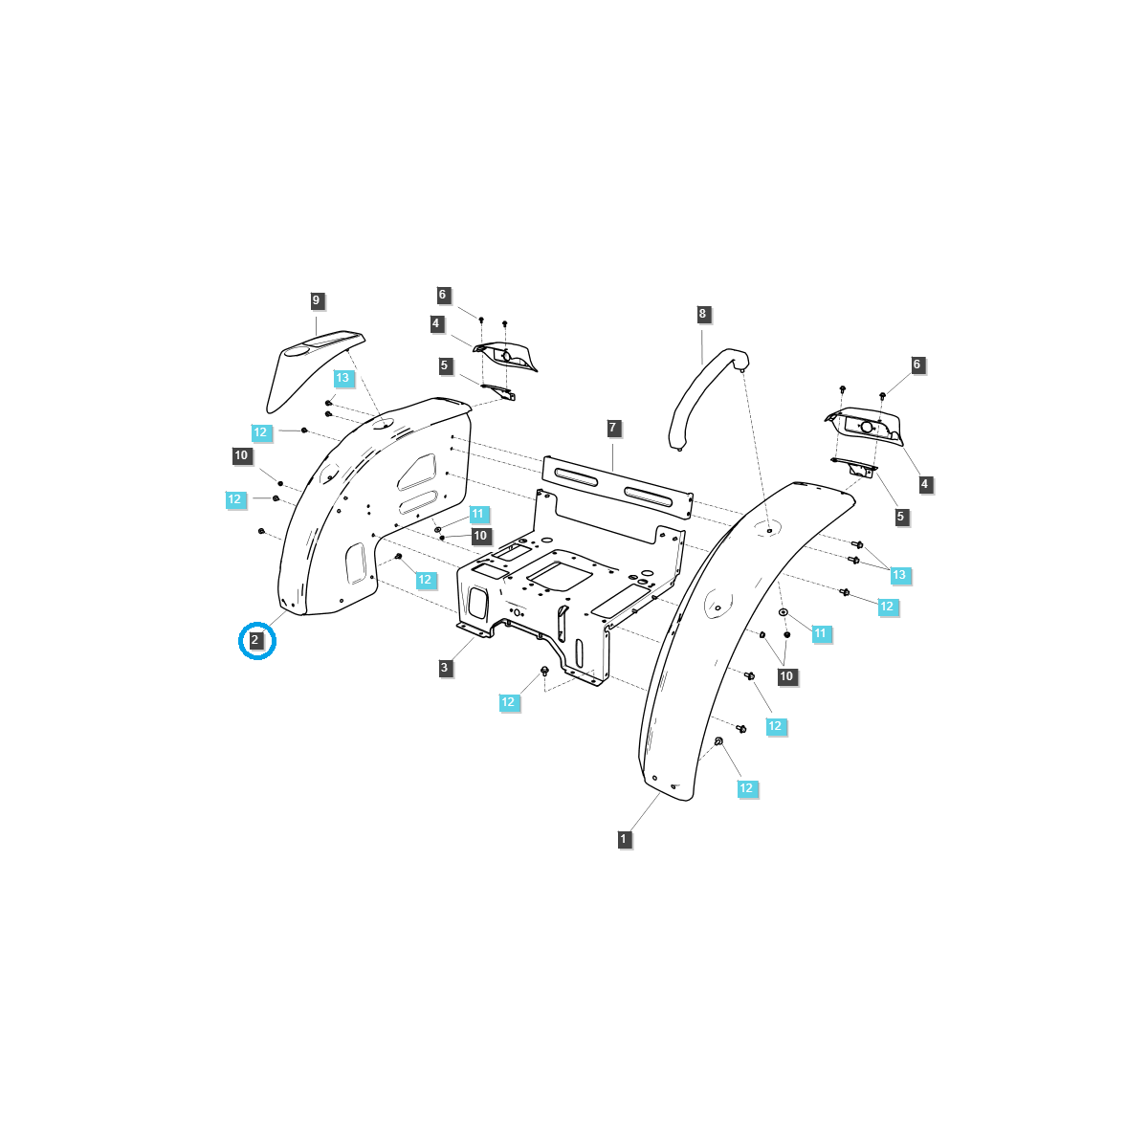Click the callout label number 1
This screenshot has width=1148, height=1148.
pos(624,839)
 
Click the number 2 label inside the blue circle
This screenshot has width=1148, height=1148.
pos(255,641)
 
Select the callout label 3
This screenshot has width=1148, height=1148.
pos(445,668)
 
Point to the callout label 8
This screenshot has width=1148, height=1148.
pos(702,314)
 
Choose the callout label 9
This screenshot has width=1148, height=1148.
pos(317,300)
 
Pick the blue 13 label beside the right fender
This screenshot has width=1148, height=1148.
pos(898,575)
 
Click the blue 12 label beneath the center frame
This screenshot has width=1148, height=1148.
pos(508,702)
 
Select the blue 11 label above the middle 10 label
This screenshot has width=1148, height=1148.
pos(478,515)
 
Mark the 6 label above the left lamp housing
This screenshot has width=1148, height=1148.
pos(443,295)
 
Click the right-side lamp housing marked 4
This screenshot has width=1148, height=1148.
pos(866,426)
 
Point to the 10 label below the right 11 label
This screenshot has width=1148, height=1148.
pos(786,676)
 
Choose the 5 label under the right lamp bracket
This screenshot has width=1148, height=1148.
pos(900,517)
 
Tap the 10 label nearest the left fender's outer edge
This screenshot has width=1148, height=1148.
pos(241,455)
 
